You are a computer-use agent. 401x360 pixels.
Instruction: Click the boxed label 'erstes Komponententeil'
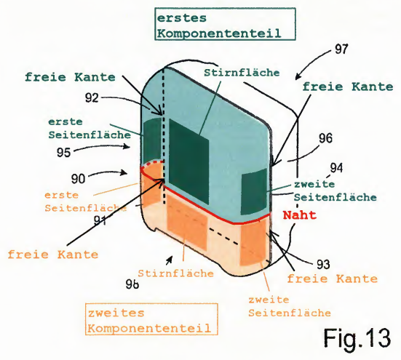225,24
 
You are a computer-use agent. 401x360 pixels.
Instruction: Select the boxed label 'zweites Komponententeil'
151,319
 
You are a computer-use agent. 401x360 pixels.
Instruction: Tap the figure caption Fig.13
357,338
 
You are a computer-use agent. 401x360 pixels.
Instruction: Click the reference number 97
341,49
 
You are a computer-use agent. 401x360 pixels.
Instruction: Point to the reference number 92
92,97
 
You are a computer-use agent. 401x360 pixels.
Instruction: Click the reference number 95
63,153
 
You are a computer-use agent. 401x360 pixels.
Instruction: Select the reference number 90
78,179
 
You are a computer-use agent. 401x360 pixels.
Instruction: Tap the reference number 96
325,138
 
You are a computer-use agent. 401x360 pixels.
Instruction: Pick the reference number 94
336,168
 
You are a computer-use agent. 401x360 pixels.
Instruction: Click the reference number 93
323,264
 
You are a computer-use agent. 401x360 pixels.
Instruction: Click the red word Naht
300,215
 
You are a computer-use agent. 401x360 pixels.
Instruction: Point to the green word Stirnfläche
242,73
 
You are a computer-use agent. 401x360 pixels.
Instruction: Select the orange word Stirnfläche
176,273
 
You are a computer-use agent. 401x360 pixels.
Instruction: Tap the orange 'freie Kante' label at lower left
53,255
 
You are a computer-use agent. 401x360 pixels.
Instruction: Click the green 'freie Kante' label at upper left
70,77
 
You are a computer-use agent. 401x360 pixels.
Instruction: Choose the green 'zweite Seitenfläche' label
335,191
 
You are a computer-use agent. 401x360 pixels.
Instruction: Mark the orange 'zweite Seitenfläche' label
290,306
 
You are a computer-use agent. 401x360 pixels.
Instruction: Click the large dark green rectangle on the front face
189,161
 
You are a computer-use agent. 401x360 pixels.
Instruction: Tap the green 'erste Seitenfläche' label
90,128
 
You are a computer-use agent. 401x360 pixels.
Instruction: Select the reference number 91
100,221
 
